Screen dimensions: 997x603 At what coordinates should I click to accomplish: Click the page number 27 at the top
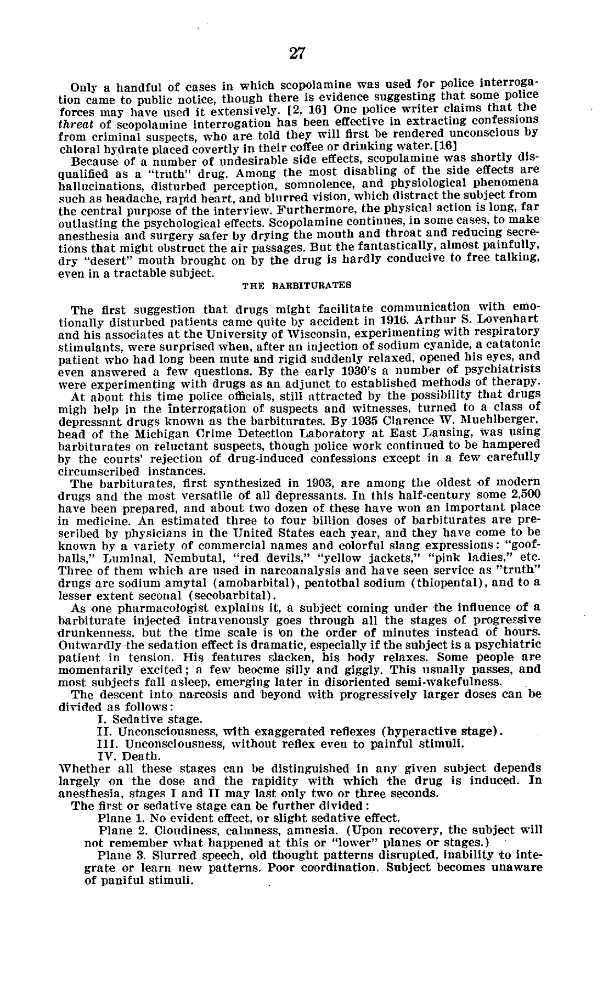pos(297,53)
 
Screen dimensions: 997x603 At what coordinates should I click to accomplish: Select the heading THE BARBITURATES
pos(296,285)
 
